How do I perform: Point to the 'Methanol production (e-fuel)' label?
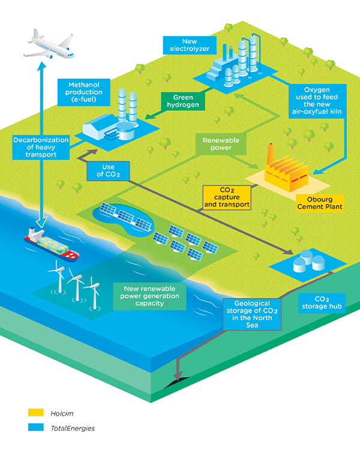pos(83,93)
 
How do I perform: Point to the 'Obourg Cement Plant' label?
pos(320,202)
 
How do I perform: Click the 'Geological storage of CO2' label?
pos(251,313)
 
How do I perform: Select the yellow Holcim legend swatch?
pos(35,413)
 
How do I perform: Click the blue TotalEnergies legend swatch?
pos(35,428)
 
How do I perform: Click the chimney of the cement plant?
pos(271,150)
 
